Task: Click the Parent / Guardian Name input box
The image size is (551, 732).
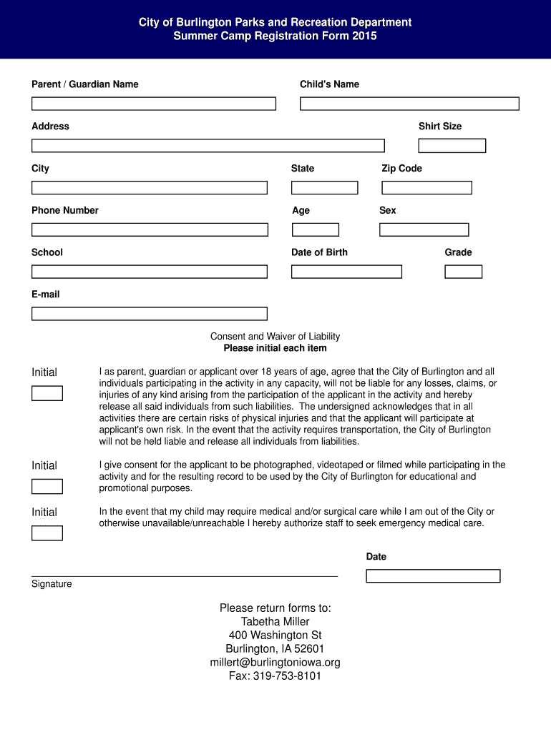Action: [153, 104]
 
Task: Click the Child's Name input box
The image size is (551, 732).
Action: [409, 104]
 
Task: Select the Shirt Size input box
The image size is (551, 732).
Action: [452, 146]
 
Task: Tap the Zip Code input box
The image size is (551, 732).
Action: [426, 188]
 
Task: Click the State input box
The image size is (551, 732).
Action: [324, 188]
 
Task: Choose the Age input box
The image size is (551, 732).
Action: [315, 229]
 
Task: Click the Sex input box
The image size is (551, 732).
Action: [424, 229]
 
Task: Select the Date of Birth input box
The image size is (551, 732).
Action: [346, 272]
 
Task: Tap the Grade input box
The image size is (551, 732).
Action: [463, 272]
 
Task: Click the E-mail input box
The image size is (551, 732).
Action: [149, 314]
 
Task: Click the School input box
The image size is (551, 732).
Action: [149, 272]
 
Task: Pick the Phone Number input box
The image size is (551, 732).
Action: [150, 229]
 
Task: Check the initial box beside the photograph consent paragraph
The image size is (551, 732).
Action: [47, 487]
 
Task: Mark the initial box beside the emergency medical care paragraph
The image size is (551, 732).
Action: [47, 533]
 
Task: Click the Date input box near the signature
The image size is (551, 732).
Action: [433, 576]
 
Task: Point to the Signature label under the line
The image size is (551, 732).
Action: [52, 584]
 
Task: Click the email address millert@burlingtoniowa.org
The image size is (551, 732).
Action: [275, 663]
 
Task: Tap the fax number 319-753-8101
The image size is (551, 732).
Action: [275, 676]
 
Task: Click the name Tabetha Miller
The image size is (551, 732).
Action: [275, 622]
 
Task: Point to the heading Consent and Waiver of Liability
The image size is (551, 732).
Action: [275, 337]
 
